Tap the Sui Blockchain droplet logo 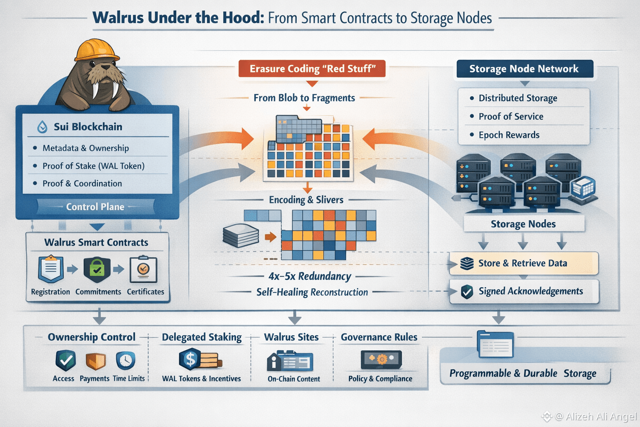(42, 127)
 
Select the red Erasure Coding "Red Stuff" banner (312, 69)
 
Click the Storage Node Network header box (524, 69)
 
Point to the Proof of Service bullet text (511, 116)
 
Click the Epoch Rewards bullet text (509, 135)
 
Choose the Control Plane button (95, 207)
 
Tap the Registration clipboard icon (51, 269)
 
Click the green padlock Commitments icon (97, 270)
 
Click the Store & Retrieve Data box (523, 263)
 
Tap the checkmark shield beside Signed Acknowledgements (467, 291)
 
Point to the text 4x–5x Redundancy (310, 276)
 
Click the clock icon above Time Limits (125, 361)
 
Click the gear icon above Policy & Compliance (381, 359)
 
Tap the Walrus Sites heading (291, 337)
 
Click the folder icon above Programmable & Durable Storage (495, 345)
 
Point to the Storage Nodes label (523, 224)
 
